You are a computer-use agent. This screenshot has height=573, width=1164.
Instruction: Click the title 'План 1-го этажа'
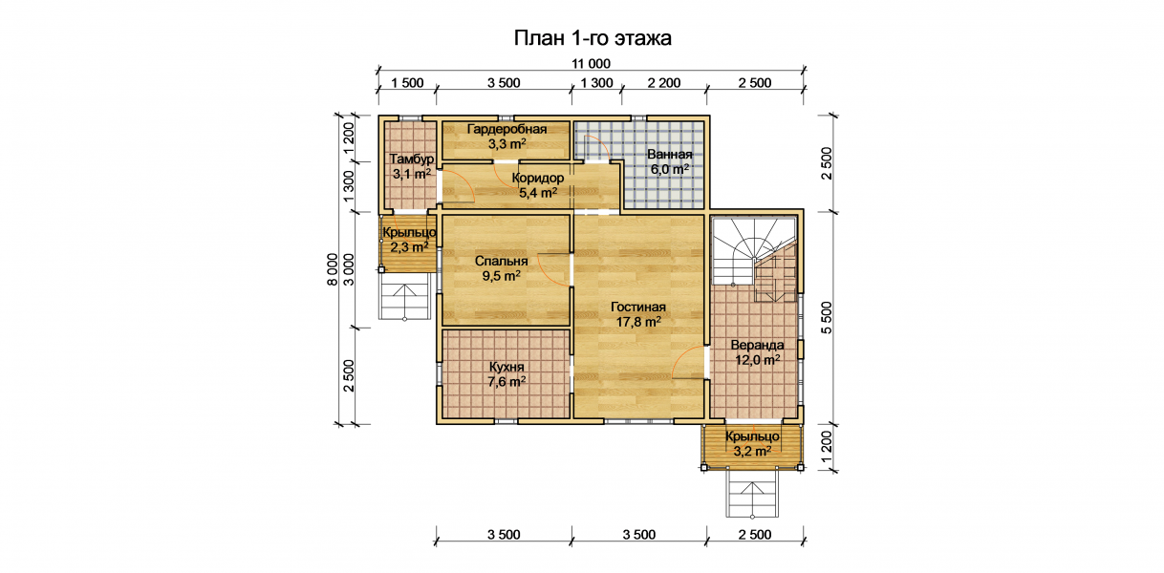pyautogui.click(x=593, y=38)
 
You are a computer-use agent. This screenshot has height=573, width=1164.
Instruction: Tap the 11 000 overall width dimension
pyautogui.click(x=592, y=64)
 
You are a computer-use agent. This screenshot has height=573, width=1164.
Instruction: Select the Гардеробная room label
pyautogui.click(x=507, y=129)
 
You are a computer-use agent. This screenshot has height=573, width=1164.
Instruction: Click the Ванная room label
pyautogui.click(x=670, y=155)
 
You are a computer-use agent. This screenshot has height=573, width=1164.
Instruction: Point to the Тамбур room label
pyautogui.click(x=412, y=159)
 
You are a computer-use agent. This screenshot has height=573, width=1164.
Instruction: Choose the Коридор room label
pyautogui.click(x=538, y=179)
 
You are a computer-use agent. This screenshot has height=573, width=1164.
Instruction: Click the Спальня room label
pyautogui.click(x=502, y=261)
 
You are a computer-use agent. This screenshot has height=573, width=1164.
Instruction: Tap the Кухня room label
pyautogui.click(x=507, y=367)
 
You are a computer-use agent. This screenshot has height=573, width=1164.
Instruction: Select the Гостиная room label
pyautogui.click(x=638, y=307)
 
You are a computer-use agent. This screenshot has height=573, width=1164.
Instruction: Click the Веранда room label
pyautogui.click(x=757, y=345)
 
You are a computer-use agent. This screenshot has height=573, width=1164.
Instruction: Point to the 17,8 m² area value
pyautogui.click(x=638, y=322)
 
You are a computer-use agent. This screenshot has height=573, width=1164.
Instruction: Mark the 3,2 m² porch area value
pyautogui.click(x=752, y=451)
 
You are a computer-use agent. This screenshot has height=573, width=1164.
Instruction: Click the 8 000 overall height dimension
pyautogui.click(x=332, y=269)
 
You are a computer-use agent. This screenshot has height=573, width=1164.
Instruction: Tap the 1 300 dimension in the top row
pyautogui.click(x=596, y=83)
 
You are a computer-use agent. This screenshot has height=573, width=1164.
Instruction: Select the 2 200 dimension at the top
pyautogui.click(x=663, y=83)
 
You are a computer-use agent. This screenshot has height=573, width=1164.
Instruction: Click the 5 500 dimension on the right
pyautogui.click(x=827, y=317)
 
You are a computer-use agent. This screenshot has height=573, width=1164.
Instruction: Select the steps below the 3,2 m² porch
pyautogui.click(x=752, y=493)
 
